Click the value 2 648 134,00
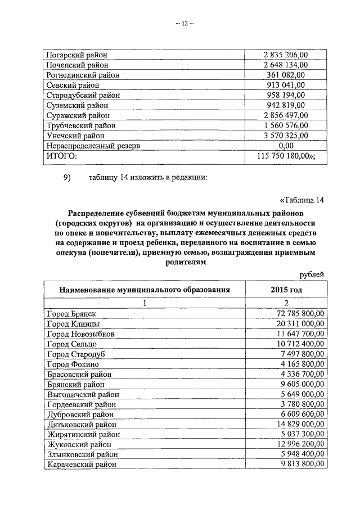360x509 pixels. tap(286, 65)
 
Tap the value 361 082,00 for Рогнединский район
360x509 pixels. tap(286, 75)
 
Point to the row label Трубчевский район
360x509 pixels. tap(81, 125)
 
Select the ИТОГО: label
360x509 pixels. tap(61, 156)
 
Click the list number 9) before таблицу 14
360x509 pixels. tap(68, 179)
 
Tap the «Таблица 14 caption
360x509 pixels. tap(302, 201)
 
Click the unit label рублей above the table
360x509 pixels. tap(312, 274)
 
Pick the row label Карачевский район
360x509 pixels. tap(82, 465)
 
